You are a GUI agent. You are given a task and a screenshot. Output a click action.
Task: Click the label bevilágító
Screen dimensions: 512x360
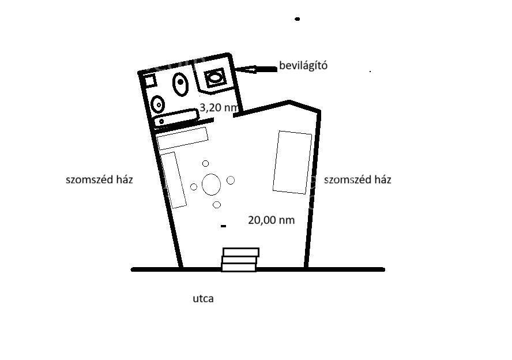coord(303,66)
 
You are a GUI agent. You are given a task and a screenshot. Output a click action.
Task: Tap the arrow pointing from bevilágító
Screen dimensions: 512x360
coord(257,69)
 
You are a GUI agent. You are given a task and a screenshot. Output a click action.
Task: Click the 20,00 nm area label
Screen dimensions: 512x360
coord(272,220)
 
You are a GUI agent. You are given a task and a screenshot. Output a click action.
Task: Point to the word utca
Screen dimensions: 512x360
coord(203,299)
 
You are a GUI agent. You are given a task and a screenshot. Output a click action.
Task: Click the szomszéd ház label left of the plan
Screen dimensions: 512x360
coord(99,179)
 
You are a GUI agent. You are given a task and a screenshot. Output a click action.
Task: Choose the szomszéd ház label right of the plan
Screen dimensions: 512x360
coord(357,179)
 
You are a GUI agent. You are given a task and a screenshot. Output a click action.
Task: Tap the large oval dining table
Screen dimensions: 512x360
coord(211,185)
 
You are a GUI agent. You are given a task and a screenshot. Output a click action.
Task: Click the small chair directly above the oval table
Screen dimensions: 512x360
coord(205,163)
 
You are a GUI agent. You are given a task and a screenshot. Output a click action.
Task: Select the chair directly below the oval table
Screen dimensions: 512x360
coord(216,205)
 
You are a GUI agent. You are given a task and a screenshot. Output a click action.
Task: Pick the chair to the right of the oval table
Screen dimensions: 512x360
coord(231,180)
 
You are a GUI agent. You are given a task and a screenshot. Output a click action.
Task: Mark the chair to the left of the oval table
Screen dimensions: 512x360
coord(194,187)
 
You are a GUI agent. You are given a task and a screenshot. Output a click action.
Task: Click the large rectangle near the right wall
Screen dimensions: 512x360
coord(292,162)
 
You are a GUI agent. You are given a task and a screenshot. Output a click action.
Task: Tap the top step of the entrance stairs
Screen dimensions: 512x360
coord(241,252)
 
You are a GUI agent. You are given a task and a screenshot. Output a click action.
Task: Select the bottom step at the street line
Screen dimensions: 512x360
coord(239,268)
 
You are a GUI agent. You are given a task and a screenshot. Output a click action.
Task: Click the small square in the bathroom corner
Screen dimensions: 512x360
coord(150,80)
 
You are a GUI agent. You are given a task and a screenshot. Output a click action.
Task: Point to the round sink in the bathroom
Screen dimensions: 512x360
coord(158,104)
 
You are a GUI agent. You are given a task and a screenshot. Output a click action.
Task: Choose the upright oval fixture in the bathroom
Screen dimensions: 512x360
coord(180,84)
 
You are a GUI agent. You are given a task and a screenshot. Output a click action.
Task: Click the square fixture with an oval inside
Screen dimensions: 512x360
coord(214,78)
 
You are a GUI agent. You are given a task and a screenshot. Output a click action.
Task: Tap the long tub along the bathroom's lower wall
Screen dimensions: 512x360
coord(176,118)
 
